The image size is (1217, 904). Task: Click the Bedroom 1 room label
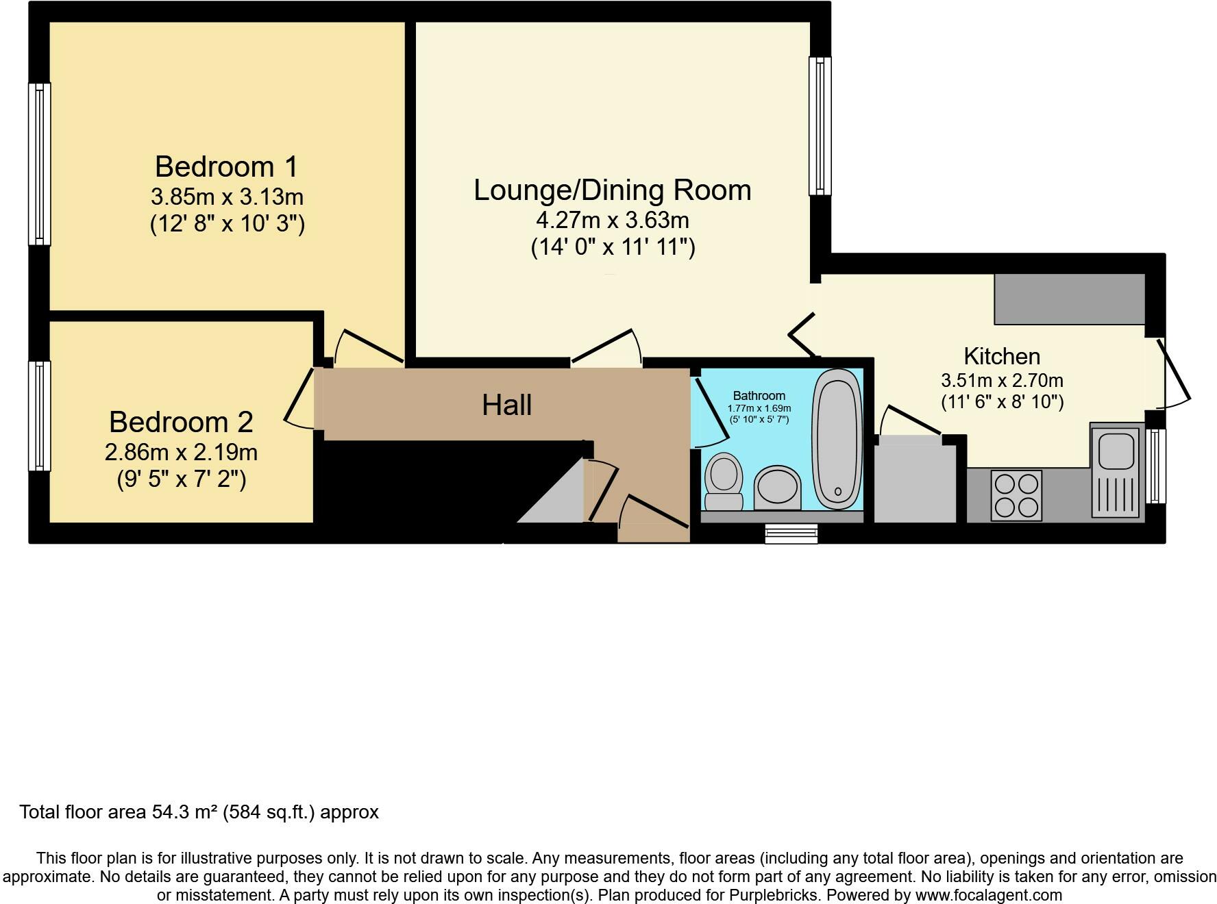coord(227,166)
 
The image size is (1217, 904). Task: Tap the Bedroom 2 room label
coord(181,422)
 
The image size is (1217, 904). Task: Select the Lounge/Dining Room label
coord(613,190)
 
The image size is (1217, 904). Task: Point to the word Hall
coord(507,405)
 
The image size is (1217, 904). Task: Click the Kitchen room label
coord(1002,356)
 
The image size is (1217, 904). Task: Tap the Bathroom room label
coord(759,396)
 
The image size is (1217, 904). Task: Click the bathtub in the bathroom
coord(837,439)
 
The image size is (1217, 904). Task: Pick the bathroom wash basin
coord(778,488)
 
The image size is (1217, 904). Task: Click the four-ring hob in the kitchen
coord(1016,495)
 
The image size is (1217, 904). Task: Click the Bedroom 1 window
coord(39,164)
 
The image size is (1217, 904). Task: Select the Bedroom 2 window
coord(39,416)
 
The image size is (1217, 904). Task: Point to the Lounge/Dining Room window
coord(820,126)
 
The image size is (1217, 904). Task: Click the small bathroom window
coord(791,533)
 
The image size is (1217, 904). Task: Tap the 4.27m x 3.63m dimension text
coord(613,221)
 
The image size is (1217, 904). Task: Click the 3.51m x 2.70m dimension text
coord(1002,380)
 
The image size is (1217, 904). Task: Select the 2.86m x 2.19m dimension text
coord(181,452)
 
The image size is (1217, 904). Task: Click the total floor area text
coord(199,812)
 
